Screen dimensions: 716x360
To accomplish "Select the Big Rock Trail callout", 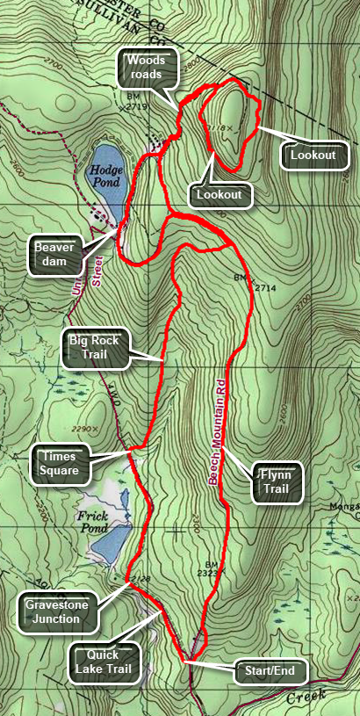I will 97,348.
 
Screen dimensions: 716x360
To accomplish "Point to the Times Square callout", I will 60,463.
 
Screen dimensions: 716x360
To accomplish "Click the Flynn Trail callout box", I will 277,482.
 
